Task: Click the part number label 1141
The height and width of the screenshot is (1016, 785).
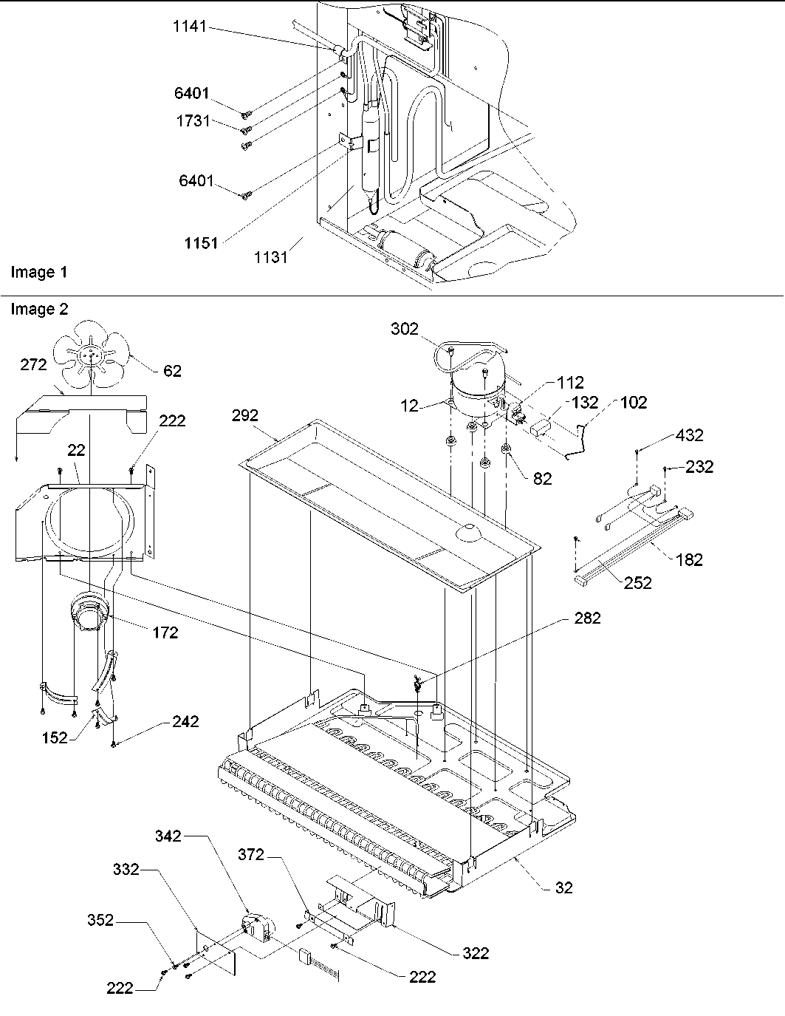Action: point(191,27)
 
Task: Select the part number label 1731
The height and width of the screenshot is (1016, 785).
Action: point(193,121)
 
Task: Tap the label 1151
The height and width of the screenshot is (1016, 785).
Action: point(200,243)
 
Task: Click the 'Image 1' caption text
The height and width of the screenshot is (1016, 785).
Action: point(38,273)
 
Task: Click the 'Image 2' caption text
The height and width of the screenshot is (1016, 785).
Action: point(38,310)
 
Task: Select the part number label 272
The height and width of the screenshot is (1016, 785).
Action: point(32,364)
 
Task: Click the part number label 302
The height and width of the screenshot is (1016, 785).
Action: point(404,330)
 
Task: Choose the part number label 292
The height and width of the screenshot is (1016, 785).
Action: point(244,416)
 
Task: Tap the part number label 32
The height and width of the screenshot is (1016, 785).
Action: point(563,887)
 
